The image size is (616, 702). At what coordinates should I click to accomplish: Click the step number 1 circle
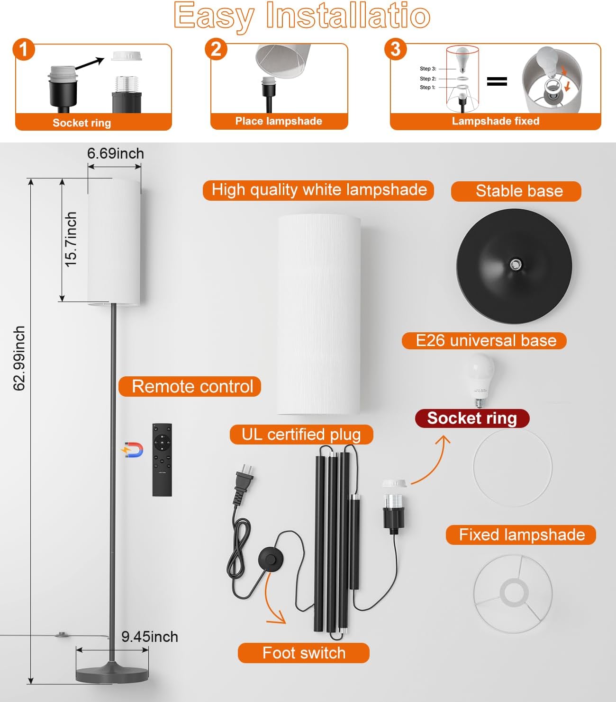coord(24,49)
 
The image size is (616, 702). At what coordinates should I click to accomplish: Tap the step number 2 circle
coord(216,49)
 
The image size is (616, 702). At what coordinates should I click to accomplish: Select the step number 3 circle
coord(396,49)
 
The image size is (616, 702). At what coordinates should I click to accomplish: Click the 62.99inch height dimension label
coord(19,358)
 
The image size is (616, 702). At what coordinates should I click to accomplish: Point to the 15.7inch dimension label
coord(71,239)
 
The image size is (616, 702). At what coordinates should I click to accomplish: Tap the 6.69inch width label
coord(115,153)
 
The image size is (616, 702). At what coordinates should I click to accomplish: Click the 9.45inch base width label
coord(149,637)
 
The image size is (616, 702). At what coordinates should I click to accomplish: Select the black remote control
coord(162,460)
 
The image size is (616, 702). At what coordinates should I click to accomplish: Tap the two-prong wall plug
coord(245,480)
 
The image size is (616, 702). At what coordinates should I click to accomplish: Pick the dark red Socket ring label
coord(472,418)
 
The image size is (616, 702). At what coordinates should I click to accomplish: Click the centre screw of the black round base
coord(516,264)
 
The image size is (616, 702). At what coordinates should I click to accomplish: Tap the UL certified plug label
coord(301,435)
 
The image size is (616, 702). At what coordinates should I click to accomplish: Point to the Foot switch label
coord(303,653)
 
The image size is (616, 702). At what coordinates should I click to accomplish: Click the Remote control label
coord(190,386)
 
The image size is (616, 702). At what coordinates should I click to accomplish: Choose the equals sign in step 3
coord(497,81)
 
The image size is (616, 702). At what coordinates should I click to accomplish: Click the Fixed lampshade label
coord(521,535)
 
